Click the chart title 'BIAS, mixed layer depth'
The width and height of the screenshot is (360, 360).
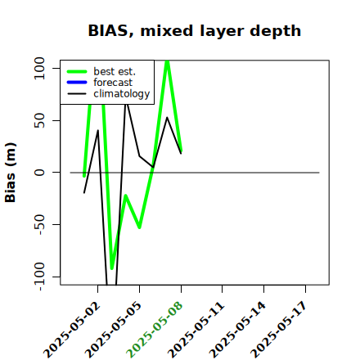click(195, 31)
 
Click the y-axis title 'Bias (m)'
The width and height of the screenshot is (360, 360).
click(11, 173)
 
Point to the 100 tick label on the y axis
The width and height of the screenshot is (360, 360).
click(39, 68)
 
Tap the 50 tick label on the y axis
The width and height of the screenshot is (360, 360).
click(39, 120)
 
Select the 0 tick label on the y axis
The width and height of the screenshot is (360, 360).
click(39, 173)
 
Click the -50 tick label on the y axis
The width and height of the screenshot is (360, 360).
click(40, 224)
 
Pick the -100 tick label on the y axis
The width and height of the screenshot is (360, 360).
click(40, 277)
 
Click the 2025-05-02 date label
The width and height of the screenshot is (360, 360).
click(72, 330)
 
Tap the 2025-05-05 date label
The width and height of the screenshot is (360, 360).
click(114, 330)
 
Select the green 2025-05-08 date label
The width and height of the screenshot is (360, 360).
click(155, 330)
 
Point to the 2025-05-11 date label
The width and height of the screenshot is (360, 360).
click(196, 330)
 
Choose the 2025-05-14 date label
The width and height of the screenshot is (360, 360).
click(237, 330)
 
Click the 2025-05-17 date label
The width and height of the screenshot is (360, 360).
click(279, 330)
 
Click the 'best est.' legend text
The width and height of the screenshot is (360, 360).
click(115, 71)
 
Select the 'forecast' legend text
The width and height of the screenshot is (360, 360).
click(113, 83)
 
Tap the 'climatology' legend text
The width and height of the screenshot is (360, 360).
click(122, 94)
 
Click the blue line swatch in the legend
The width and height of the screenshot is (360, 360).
click(77, 83)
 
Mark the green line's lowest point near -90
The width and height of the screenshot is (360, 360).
click(112, 268)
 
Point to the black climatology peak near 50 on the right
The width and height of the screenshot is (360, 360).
click(167, 118)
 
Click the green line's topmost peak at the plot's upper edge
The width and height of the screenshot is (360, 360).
click(167, 61)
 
